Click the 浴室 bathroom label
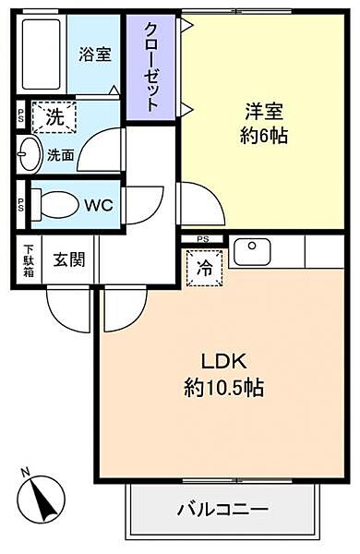click(96, 54)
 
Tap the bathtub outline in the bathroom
click(42, 53)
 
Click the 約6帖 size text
click(264, 136)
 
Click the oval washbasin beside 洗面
click(28, 155)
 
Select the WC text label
click(99, 206)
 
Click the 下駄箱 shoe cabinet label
click(28, 259)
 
